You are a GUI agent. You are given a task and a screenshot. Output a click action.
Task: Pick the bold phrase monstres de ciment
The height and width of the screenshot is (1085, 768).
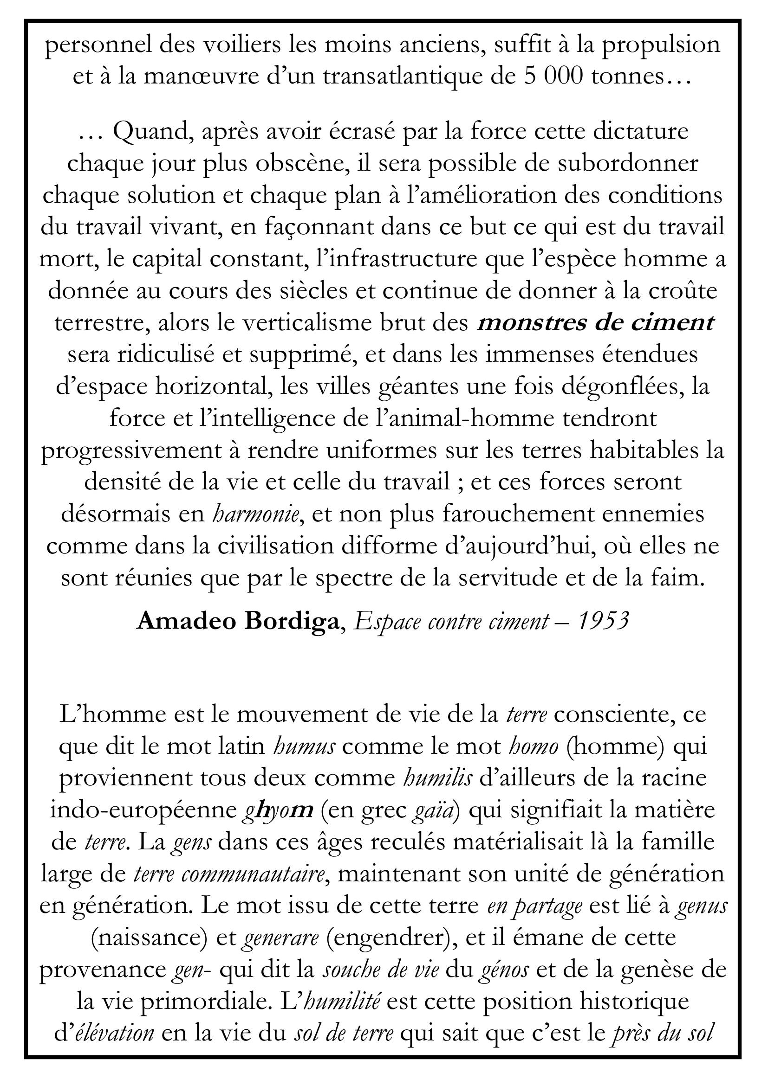click(x=595, y=323)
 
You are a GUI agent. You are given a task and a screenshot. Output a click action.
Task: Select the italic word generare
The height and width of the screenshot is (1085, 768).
click(x=280, y=939)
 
